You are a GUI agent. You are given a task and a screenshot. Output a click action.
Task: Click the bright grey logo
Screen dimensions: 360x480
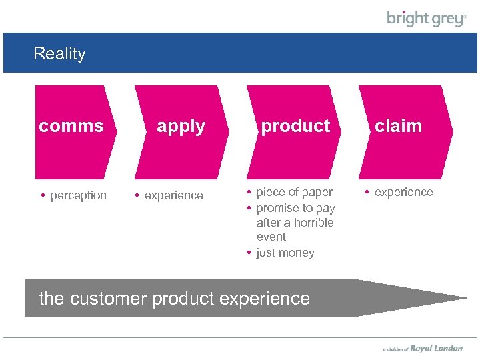(427, 19)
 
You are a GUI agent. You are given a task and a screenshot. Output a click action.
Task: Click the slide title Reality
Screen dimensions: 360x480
(59, 53)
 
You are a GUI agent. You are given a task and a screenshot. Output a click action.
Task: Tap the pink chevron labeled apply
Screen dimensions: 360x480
(181, 131)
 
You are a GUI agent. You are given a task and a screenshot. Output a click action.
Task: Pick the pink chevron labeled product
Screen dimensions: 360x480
(295, 131)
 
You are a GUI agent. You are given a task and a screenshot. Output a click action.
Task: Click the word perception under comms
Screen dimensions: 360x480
(78, 195)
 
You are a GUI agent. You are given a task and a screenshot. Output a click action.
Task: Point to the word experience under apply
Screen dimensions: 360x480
(173, 195)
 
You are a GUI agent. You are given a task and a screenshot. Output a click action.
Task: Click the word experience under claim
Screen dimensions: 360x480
(403, 192)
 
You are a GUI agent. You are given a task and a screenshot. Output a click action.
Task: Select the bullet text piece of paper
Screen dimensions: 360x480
(294, 192)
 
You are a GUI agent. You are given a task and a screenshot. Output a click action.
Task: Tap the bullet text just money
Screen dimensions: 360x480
(285, 253)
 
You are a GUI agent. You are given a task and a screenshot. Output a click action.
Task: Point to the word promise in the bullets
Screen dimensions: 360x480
(277, 208)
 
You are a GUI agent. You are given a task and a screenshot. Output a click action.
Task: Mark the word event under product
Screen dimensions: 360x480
(271, 237)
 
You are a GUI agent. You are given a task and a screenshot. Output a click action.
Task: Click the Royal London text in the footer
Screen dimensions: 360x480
(436, 348)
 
